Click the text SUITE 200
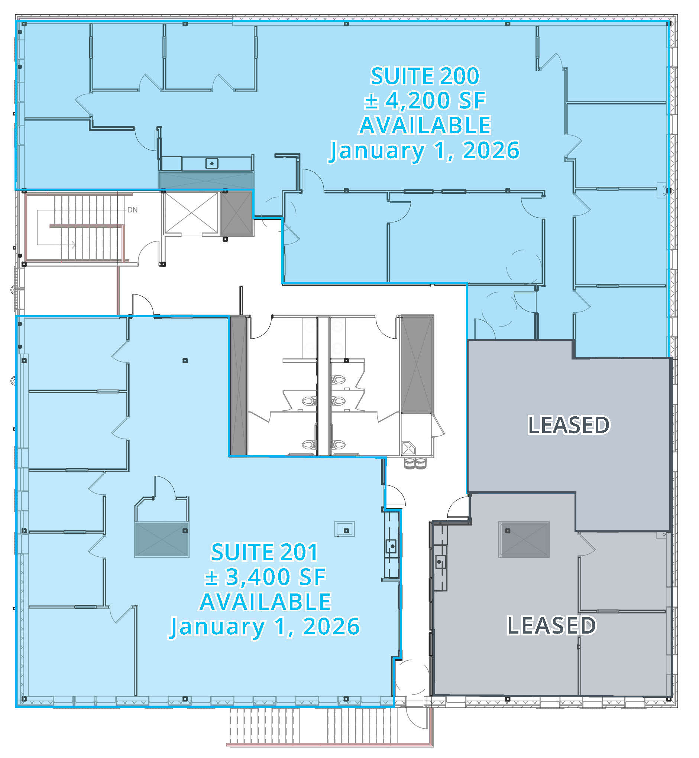424,77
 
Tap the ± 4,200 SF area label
424,101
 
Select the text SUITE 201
264,552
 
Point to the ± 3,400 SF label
265,577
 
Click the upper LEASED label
569,424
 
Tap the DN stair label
132,209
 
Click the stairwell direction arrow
72,245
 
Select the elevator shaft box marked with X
191,213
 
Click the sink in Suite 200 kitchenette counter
212,164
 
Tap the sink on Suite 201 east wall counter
392,546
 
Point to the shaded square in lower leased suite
524,540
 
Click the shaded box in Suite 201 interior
162,540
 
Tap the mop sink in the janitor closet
409,449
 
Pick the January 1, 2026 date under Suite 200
424,150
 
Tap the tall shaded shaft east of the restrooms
417,363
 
